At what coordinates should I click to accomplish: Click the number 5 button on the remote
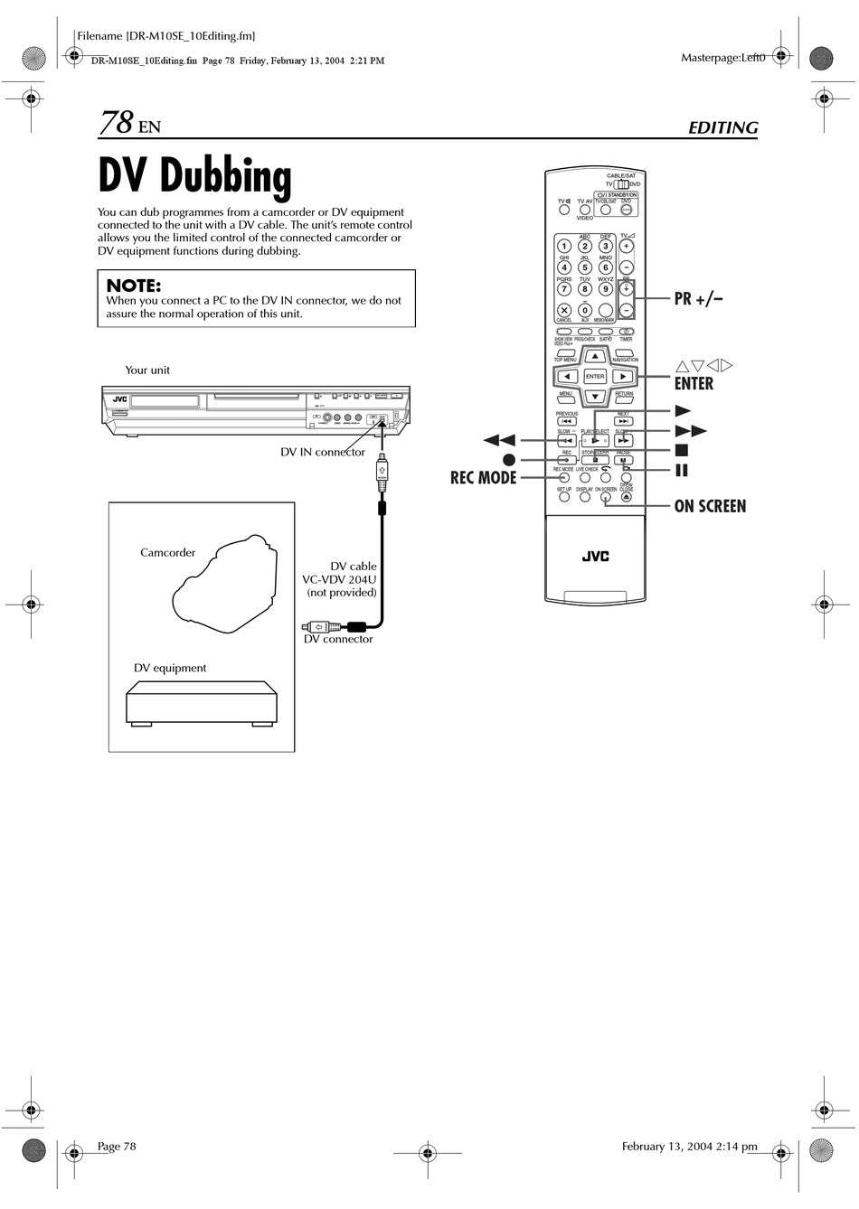tap(585, 267)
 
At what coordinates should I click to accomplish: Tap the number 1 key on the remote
tap(564, 246)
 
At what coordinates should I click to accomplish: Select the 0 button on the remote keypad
tap(585, 311)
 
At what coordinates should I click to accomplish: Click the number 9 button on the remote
tap(606, 289)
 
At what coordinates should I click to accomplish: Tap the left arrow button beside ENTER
tap(567, 377)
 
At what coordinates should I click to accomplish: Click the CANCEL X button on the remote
tap(564, 311)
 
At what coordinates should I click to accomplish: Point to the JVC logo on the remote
tap(595, 557)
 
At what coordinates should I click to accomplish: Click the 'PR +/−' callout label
tap(698, 299)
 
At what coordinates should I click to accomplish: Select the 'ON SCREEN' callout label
tap(710, 506)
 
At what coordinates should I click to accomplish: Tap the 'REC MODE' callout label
tap(483, 478)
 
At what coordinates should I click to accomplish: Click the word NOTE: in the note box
tap(134, 286)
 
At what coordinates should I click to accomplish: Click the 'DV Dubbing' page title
tap(194, 176)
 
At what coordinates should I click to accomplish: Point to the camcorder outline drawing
tap(224, 586)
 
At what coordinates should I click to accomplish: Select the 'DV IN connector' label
tap(323, 452)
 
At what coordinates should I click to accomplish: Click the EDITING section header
tap(722, 127)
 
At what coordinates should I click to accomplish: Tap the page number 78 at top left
tap(117, 123)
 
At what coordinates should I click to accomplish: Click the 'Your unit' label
tap(147, 370)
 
